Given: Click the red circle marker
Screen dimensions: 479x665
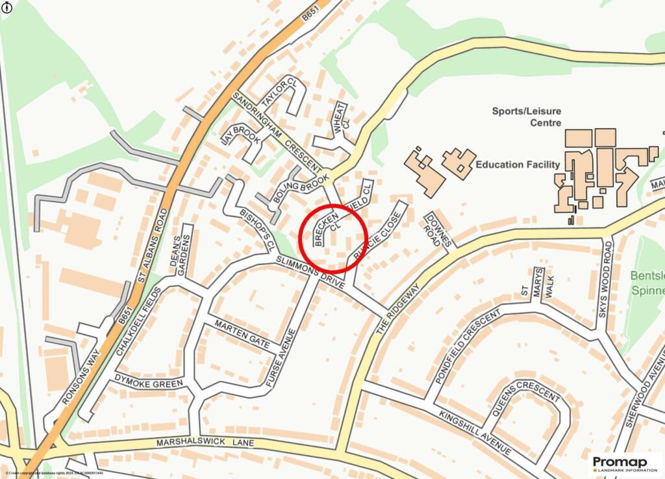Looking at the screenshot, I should pyautogui.click(x=333, y=238).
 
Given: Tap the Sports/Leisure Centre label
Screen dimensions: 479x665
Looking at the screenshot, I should pyautogui.click(x=526, y=116).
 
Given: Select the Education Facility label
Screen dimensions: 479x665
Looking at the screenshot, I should pyautogui.click(x=518, y=164).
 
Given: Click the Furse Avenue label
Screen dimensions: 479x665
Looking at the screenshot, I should pyautogui.click(x=281, y=358).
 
